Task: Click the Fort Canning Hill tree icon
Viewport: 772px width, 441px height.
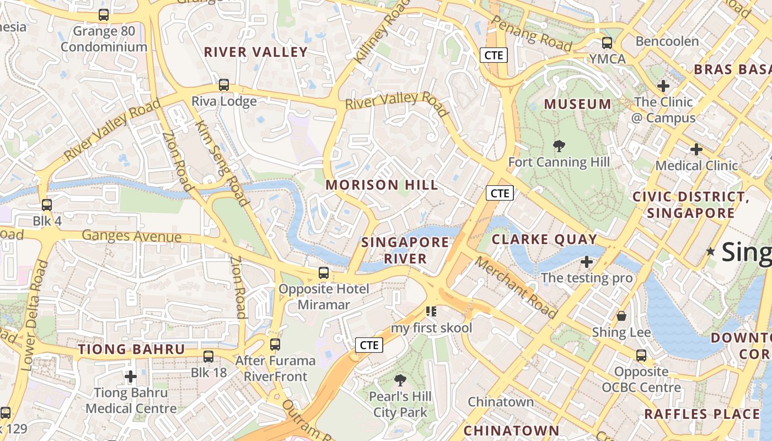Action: [x=559, y=146]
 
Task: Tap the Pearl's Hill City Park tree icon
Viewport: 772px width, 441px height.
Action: [x=400, y=380]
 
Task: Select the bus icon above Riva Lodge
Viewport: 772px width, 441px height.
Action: [x=224, y=85]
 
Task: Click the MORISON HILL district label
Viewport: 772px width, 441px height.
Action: [x=382, y=185]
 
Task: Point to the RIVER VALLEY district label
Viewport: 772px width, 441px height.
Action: [x=256, y=52]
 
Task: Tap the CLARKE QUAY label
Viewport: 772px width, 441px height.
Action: [x=544, y=239]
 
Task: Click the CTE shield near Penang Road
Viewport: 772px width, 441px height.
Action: [x=494, y=55]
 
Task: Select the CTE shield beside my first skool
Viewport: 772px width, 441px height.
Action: [x=368, y=345]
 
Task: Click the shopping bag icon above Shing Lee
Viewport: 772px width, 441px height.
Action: [x=621, y=316]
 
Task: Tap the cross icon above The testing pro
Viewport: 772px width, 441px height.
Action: [x=587, y=262]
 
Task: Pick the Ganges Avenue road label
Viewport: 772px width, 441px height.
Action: [x=131, y=236]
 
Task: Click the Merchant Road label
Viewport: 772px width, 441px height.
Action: [x=517, y=287]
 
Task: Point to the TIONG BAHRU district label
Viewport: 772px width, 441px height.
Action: [x=131, y=349]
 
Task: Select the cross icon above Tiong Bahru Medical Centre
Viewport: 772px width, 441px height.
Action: [x=131, y=377]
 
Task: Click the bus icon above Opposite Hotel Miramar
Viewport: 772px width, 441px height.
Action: [x=324, y=272]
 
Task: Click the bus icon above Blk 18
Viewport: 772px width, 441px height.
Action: [x=208, y=357]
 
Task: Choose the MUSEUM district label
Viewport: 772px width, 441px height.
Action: [x=577, y=104]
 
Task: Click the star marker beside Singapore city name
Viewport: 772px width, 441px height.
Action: [x=711, y=251]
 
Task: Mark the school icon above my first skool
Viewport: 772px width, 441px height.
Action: [x=431, y=311]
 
